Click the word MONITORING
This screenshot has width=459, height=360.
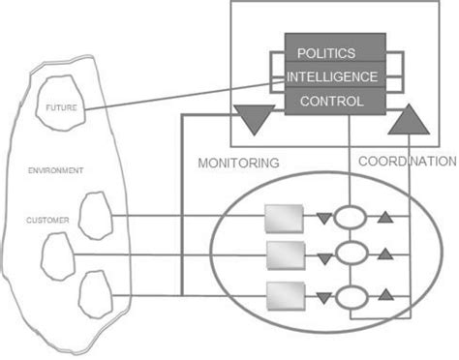click(x=238, y=164)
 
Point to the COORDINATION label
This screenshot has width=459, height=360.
click(x=407, y=163)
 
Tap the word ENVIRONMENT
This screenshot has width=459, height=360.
click(x=55, y=170)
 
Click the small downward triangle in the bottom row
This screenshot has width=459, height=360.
click(x=321, y=293)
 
